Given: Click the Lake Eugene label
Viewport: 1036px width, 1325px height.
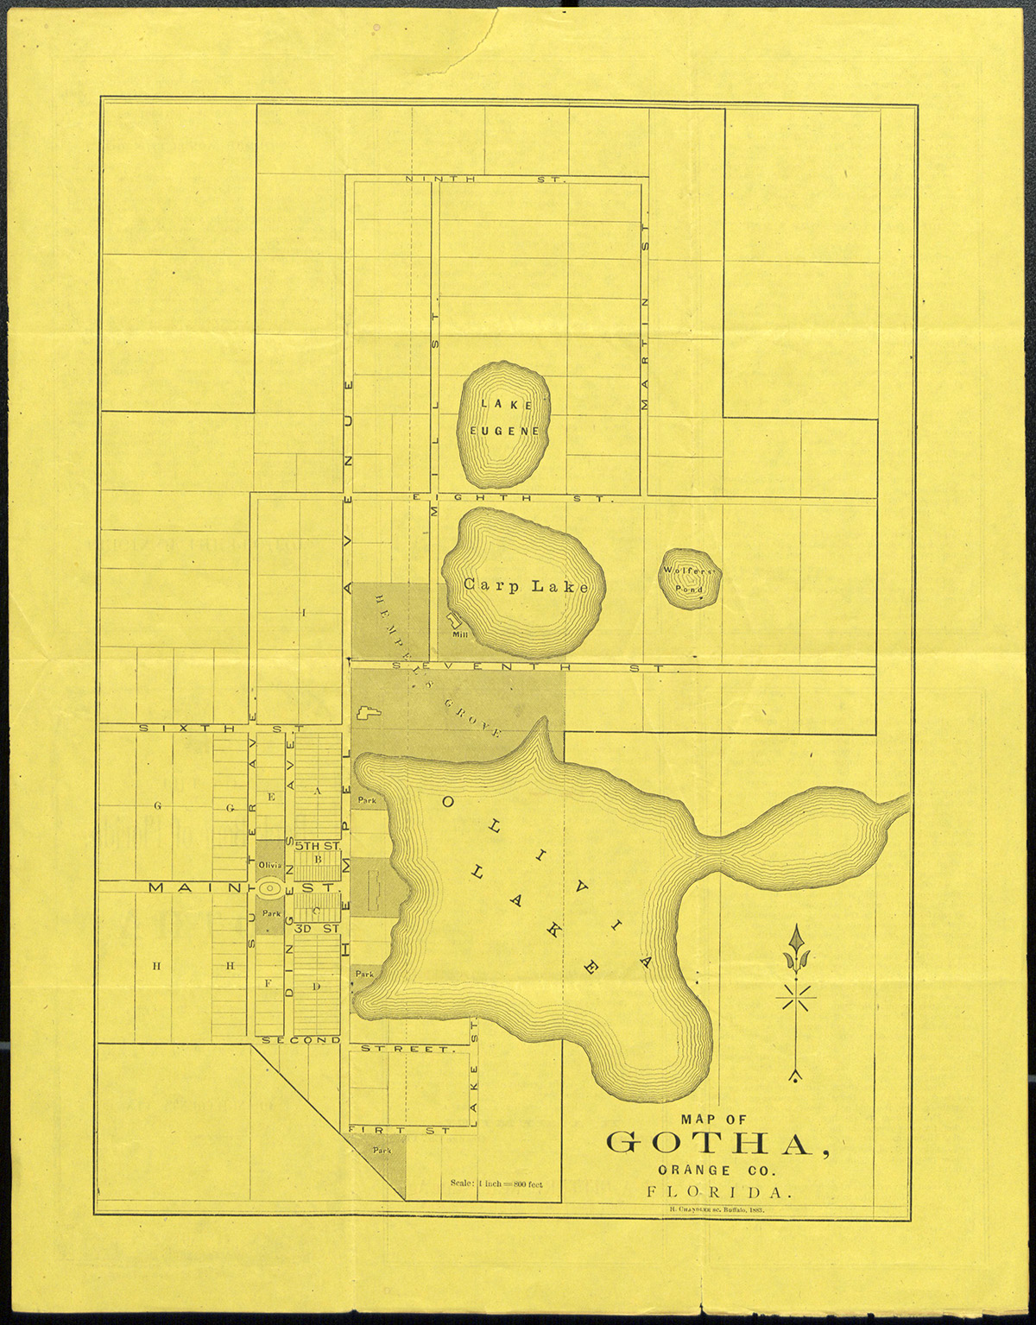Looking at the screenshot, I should (505, 417).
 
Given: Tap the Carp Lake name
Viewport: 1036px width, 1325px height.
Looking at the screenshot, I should (525, 586).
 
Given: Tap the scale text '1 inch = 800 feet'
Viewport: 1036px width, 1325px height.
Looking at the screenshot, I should (496, 1183).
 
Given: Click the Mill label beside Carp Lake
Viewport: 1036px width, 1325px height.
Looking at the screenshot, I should (459, 634).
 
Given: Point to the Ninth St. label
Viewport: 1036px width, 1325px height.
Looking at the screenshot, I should (484, 180).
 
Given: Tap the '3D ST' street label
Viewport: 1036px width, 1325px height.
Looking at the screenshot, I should (317, 929).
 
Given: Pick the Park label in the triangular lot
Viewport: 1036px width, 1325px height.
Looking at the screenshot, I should (381, 1150).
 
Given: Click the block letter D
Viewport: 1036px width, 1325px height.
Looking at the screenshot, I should (317, 986).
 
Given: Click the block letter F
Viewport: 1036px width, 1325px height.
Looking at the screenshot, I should (268, 983).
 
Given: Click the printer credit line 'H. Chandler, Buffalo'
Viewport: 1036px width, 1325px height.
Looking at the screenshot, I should (717, 1211).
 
